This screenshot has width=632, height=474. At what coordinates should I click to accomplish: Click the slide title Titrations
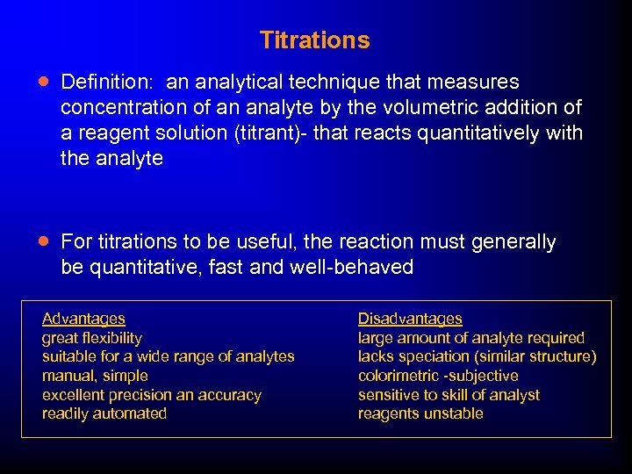[x=314, y=40]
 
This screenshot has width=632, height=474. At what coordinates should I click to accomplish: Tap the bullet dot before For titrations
[x=44, y=241]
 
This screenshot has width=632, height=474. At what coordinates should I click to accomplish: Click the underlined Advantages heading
[x=83, y=319]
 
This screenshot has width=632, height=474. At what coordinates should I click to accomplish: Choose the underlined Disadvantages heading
[x=410, y=319]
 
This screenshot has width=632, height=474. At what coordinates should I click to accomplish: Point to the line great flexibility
[x=92, y=338]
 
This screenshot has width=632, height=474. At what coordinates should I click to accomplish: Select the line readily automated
[x=104, y=413]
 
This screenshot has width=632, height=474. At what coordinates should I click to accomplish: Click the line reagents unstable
[x=420, y=413]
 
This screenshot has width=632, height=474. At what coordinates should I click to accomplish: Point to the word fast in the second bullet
[x=225, y=268]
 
